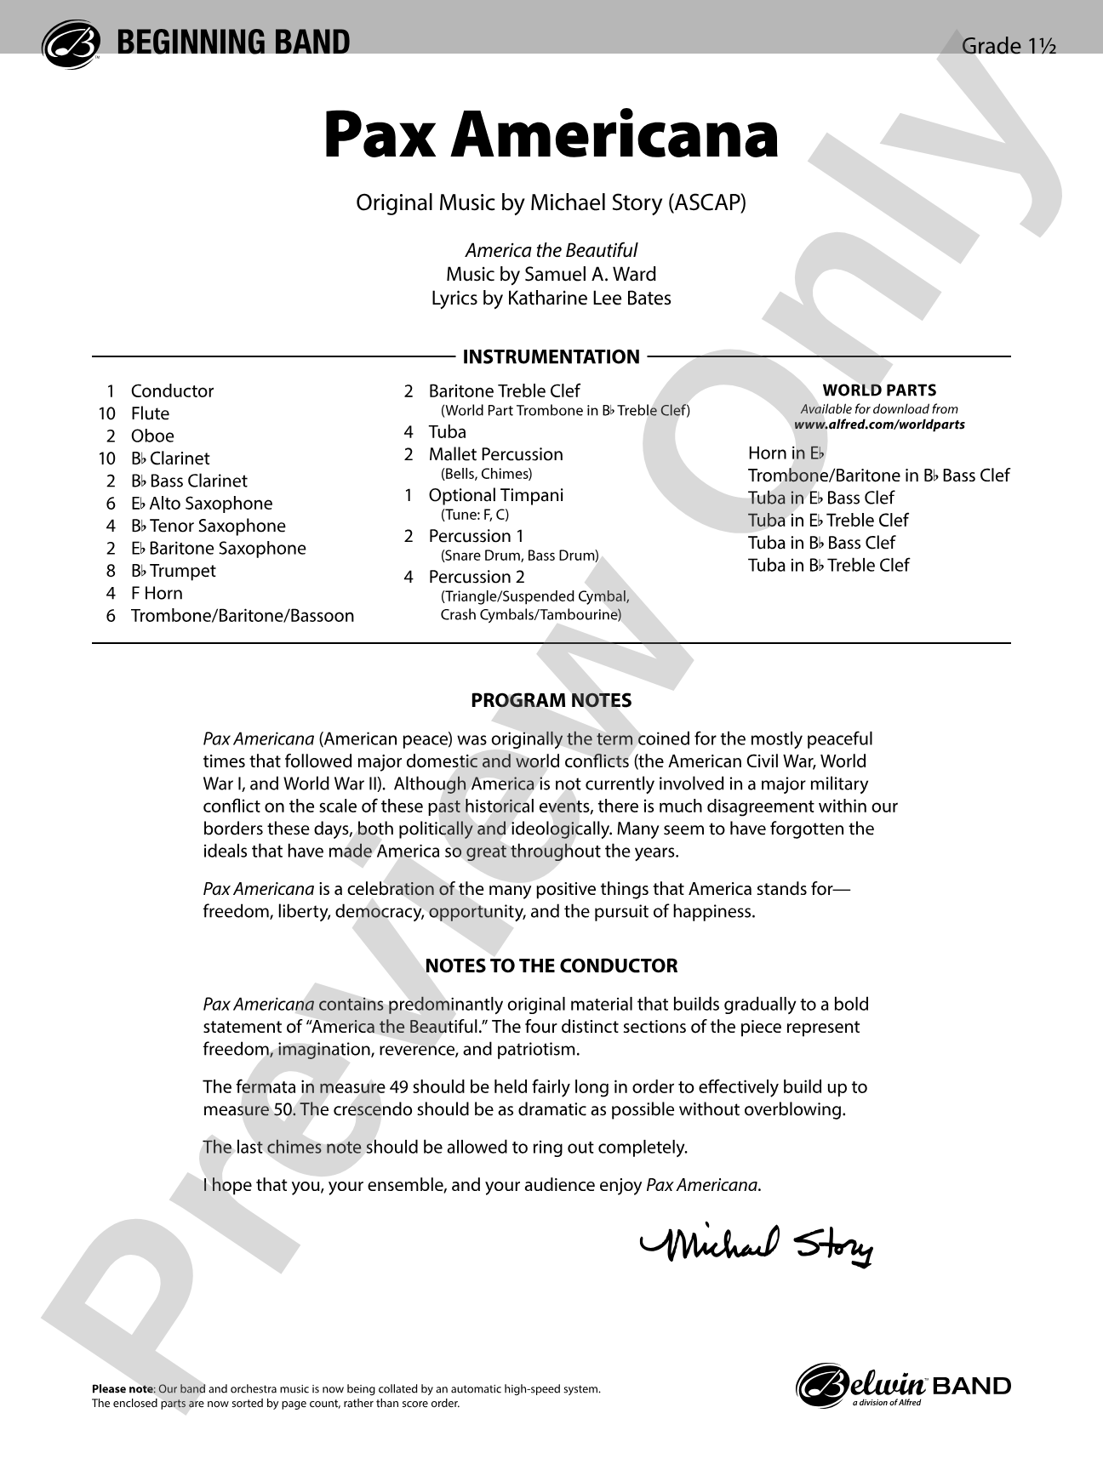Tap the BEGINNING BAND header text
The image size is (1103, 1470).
pos(233,43)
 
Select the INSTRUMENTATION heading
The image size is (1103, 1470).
pos(551,357)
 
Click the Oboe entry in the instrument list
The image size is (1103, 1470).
pos(152,436)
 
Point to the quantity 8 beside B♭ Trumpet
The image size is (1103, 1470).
pos(111,572)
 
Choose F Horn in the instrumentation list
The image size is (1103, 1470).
pos(157,594)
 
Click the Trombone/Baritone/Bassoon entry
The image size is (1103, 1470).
pos(243,616)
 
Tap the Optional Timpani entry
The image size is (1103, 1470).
pos(495,495)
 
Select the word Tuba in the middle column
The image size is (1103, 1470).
pos(447,432)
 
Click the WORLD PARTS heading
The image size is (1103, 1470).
pos(879,390)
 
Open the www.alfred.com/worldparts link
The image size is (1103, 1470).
pos(879,424)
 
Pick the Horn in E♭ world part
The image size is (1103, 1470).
pos(786,453)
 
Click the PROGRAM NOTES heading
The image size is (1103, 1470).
pos(551,701)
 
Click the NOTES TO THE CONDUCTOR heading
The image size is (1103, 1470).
pos(551,966)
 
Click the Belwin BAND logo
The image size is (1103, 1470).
pos(903,1387)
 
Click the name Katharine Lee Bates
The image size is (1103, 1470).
pos(587,299)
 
